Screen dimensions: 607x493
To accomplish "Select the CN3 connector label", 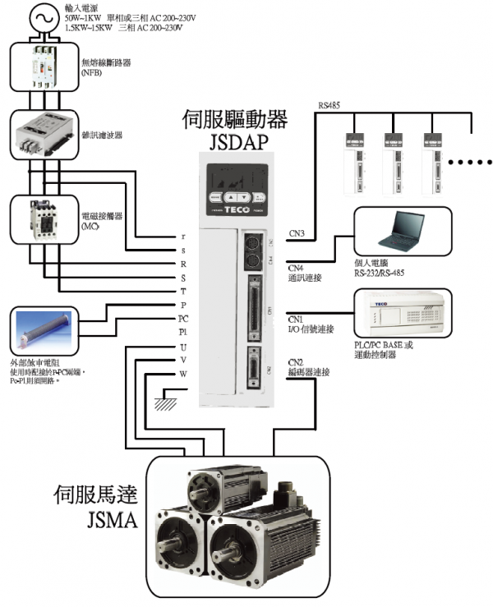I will click(x=297, y=234).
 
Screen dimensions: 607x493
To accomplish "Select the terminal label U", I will click(x=183, y=347).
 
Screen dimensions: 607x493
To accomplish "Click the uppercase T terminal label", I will click(x=183, y=292).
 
